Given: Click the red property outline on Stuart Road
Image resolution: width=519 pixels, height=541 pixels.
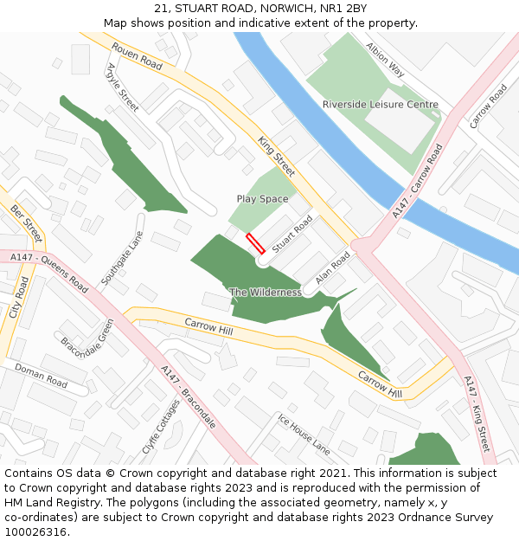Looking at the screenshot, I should click(x=255, y=243).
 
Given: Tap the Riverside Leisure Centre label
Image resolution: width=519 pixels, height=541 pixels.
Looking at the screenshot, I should click(x=380, y=105).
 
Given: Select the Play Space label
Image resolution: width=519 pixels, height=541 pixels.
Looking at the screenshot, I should click(x=262, y=199).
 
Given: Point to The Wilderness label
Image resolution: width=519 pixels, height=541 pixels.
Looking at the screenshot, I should click(x=266, y=293).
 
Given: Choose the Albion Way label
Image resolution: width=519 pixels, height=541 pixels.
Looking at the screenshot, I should click(x=385, y=60).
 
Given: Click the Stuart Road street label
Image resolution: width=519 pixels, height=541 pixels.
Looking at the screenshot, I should click(x=292, y=235).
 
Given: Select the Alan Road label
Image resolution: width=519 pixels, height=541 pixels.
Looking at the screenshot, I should click(x=333, y=268).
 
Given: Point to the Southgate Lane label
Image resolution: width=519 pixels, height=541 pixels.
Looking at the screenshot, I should click(x=122, y=258).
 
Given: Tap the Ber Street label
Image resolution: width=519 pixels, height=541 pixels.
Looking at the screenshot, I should click(x=26, y=223).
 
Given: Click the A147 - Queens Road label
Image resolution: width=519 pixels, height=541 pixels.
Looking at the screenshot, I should click(x=49, y=272).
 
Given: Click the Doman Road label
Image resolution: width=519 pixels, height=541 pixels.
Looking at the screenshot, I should click(x=41, y=375).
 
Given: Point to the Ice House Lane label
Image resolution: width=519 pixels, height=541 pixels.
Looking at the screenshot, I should click(x=304, y=434).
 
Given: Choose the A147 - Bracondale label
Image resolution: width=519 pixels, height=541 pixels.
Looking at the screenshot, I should click(x=188, y=398).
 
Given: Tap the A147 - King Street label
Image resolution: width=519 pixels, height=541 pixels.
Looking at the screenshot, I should click(x=477, y=414).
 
